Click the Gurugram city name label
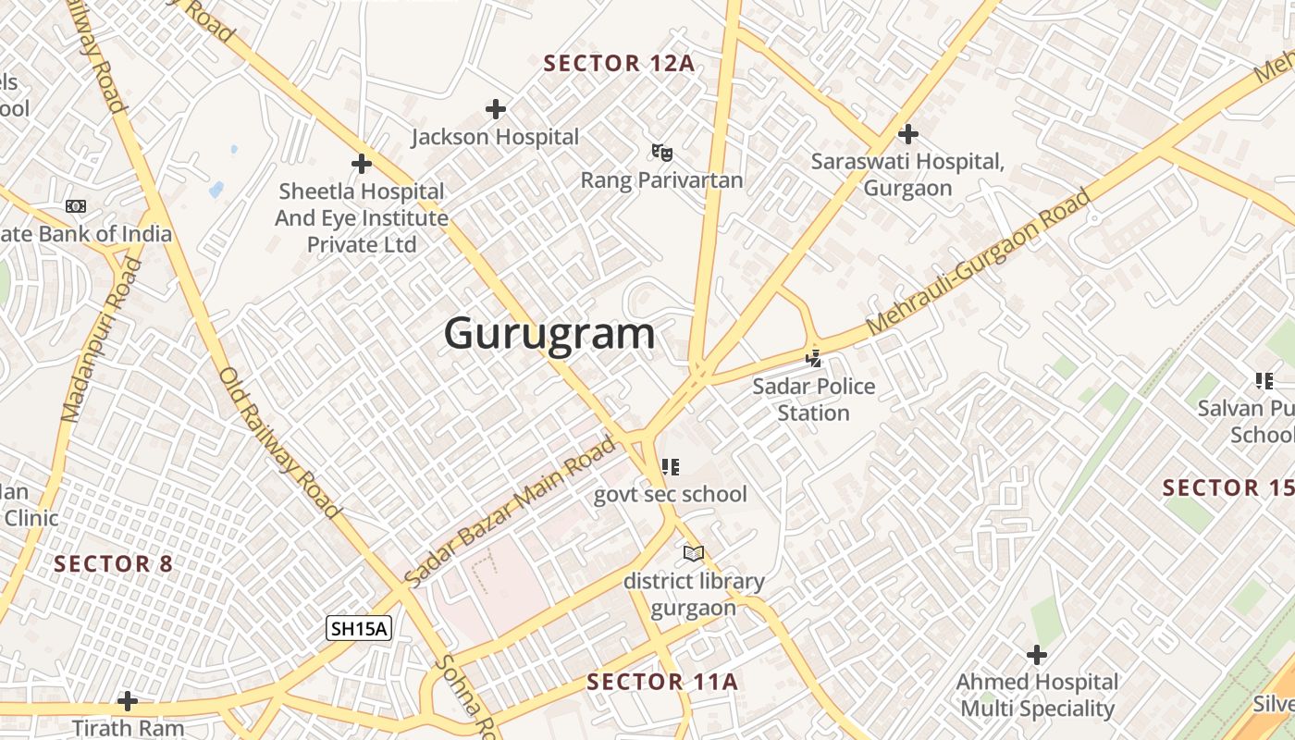tap(549, 333)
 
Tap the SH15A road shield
tap(360, 629)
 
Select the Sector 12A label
tap(619, 64)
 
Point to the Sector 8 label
tap(114, 563)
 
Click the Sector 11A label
tap(662, 683)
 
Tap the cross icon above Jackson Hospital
tap(496, 110)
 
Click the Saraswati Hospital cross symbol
tap(907, 134)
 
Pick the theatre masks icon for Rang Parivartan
tap(661, 152)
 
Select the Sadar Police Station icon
tap(813, 358)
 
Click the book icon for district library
tap(694, 553)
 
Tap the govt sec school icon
tap(671, 466)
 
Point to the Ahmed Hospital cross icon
tap(1037, 655)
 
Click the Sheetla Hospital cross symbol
tap(362, 165)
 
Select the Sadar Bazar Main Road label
tap(511, 511)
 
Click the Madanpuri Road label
tap(102, 340)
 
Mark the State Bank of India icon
tap(76, 206)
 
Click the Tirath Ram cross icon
tap(128, 700)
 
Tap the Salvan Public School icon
tap(1264, 380)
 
